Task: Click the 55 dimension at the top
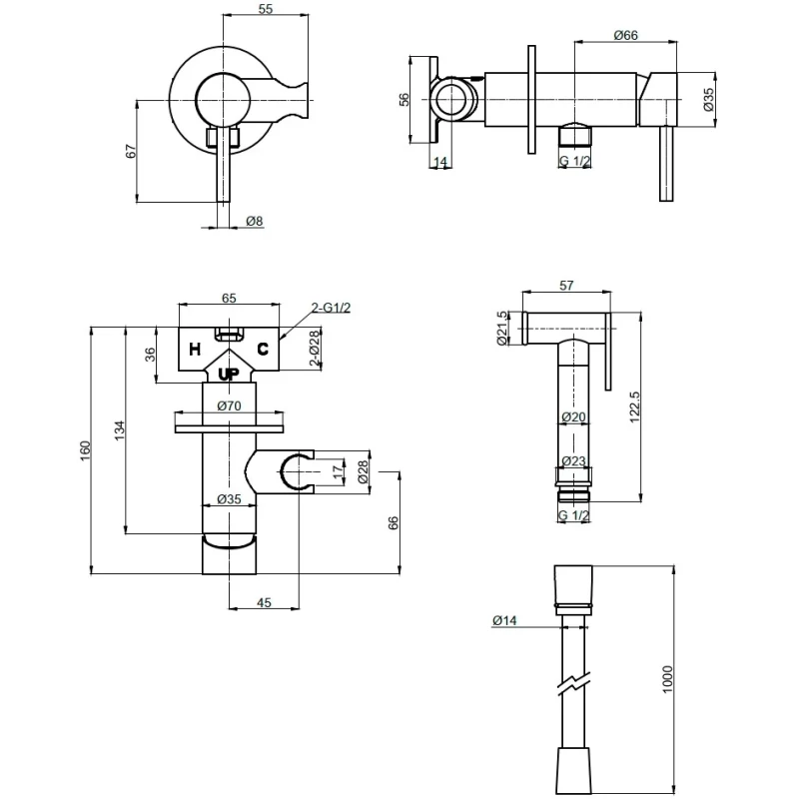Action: [x=266, y=9]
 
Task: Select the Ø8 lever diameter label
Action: [x=255, y=221]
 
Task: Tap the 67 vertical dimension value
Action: [x=131, y=151]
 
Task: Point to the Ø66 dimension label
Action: [x=626, y=35]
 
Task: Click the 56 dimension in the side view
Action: [x=403, y=99]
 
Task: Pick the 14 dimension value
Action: [x=440, y=162]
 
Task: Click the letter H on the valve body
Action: [x=195, y=350]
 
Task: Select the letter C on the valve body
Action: [x=263, y=349]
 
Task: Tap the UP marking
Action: [x=229, y=375]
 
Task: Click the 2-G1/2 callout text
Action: [x=332, y=308]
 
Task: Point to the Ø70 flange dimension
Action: [x=229, y=405]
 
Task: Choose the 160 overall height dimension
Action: [x=85, y=451]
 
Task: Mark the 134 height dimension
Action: [x=119, y=430]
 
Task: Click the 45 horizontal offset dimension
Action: [x=264, y=602]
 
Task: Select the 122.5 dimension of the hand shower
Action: [x=634, y=407]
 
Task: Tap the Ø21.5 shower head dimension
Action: [x=502, y=329]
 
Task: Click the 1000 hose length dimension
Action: [x=667, y=679]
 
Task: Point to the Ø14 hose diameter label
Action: [x=504, y=620]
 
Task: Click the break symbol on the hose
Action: [x=573, y=684]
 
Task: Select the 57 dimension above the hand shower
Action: [x=566, y=286]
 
